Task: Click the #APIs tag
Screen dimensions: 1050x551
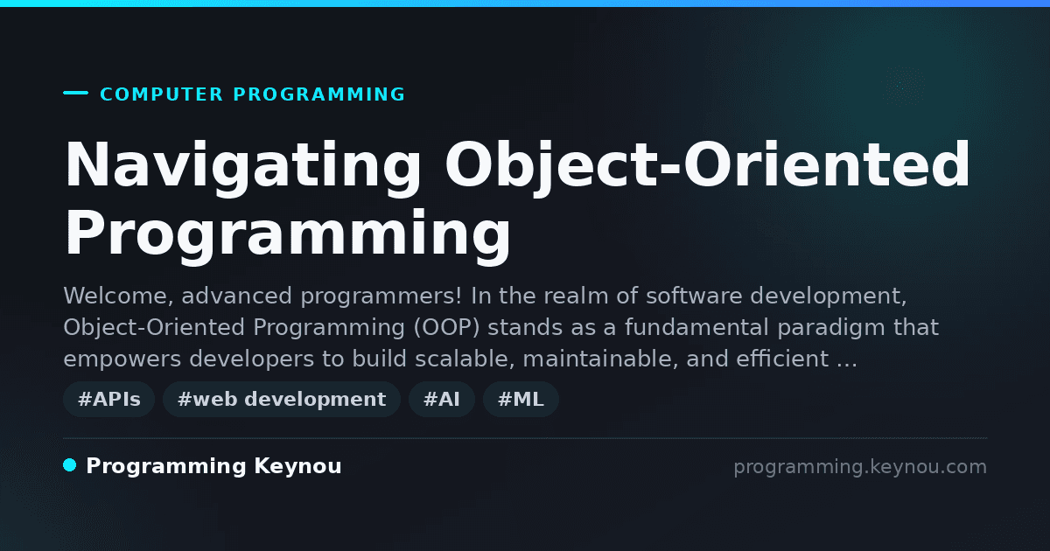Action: click(x=108, y=399)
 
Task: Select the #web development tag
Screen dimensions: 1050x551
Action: click(x=281, y=399)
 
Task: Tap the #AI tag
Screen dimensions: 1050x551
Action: click(x=442, y=399)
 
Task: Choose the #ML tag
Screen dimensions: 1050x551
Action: click(x=521, y=399)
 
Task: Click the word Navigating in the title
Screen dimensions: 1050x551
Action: click(x=243, y=166)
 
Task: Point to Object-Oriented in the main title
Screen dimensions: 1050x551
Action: click(x=707, y=166)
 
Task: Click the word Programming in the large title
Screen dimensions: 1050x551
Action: click(x=287, y=235)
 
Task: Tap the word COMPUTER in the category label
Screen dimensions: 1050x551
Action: click(x=161, y=94)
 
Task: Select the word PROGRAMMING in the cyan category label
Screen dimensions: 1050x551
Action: click(x=318, y=94)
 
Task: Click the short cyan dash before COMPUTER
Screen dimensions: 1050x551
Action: click(x=75, y=93)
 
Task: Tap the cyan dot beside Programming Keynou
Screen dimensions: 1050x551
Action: click(x=69, y=465)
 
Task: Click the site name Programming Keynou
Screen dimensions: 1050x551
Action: click(x=213, y=466)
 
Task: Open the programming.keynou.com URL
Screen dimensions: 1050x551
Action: click(x=860, y=467)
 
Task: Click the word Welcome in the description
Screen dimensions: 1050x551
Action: click(x=118, y=296)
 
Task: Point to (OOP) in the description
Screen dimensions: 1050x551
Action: click(x=446, y=327)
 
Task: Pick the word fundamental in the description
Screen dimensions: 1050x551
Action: click(x=696, y=327)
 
